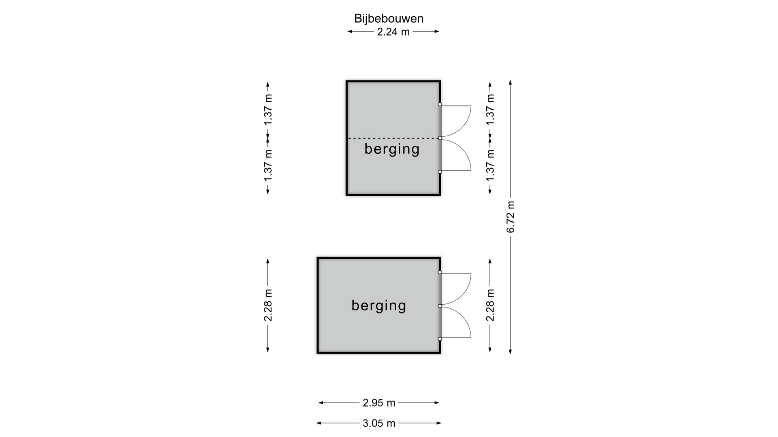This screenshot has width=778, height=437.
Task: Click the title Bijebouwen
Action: [x=389, y=19]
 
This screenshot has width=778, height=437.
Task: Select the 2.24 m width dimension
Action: [x=393, y=32]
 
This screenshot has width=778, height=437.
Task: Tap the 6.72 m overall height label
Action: [x=511, y=217]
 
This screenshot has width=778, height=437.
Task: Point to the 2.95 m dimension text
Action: [x=379, y=403]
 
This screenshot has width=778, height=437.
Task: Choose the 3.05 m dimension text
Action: [x=379, y=423]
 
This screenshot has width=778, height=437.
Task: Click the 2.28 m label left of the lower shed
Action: [x=268, y=305]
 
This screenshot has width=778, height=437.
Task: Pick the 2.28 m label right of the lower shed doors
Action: [x=490, y=305]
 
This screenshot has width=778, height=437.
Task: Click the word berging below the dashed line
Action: [x=392, y=149]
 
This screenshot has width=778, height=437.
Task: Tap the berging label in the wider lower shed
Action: [x=379, y=305]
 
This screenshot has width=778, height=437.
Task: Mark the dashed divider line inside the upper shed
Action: [x=394, y=138]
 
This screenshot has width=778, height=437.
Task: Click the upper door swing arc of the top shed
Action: [x=456, y=121]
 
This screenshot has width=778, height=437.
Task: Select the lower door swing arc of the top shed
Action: [x=456, y=155]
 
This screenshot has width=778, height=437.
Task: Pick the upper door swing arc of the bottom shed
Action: [x=456, y=289]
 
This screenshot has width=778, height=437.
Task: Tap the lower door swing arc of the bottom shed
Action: [x=456, y=322]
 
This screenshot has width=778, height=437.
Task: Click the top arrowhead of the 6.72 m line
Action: [x=511, y=83]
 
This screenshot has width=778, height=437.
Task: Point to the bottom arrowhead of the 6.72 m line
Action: [x=511, y=351]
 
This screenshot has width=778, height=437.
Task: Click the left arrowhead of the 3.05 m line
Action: [x=319, y=423]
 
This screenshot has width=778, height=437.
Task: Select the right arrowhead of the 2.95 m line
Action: [x=437, y=403]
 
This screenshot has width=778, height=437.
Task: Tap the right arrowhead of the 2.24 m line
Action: [x=436, y=32]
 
